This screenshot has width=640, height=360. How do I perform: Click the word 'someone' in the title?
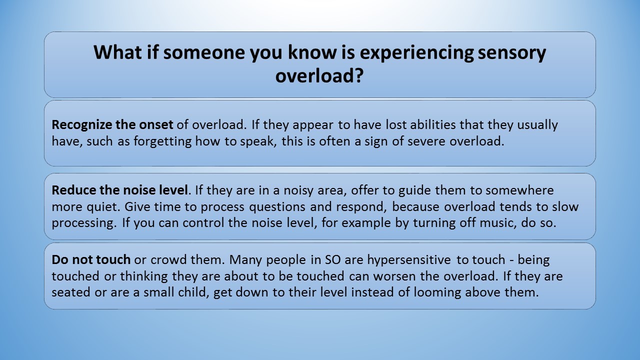pos(204,52)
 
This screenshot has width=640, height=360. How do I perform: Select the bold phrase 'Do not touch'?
pos(91,259)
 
